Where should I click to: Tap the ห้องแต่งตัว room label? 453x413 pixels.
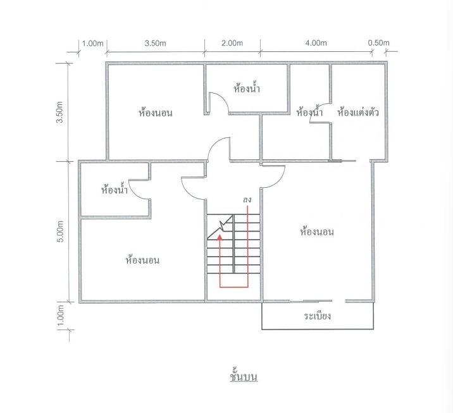[358, 113]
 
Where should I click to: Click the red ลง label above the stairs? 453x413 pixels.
[247, 200]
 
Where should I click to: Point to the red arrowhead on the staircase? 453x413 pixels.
[220, 237]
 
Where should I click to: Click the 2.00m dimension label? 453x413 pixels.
[232, 43]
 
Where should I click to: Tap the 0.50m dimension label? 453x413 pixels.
[378, 43]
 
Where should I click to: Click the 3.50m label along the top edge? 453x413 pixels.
[155, 43]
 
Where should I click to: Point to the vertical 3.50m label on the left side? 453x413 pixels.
[61, 113]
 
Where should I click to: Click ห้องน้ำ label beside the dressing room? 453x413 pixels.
[309, 113]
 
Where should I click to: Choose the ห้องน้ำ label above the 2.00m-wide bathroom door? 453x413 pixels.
[247, 89]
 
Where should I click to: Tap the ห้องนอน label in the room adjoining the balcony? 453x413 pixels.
[316, 232]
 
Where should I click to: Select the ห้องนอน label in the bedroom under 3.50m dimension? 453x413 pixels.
[156, 114]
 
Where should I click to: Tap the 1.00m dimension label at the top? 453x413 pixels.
[92, 43]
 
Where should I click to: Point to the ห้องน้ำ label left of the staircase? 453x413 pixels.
[115, 189]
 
